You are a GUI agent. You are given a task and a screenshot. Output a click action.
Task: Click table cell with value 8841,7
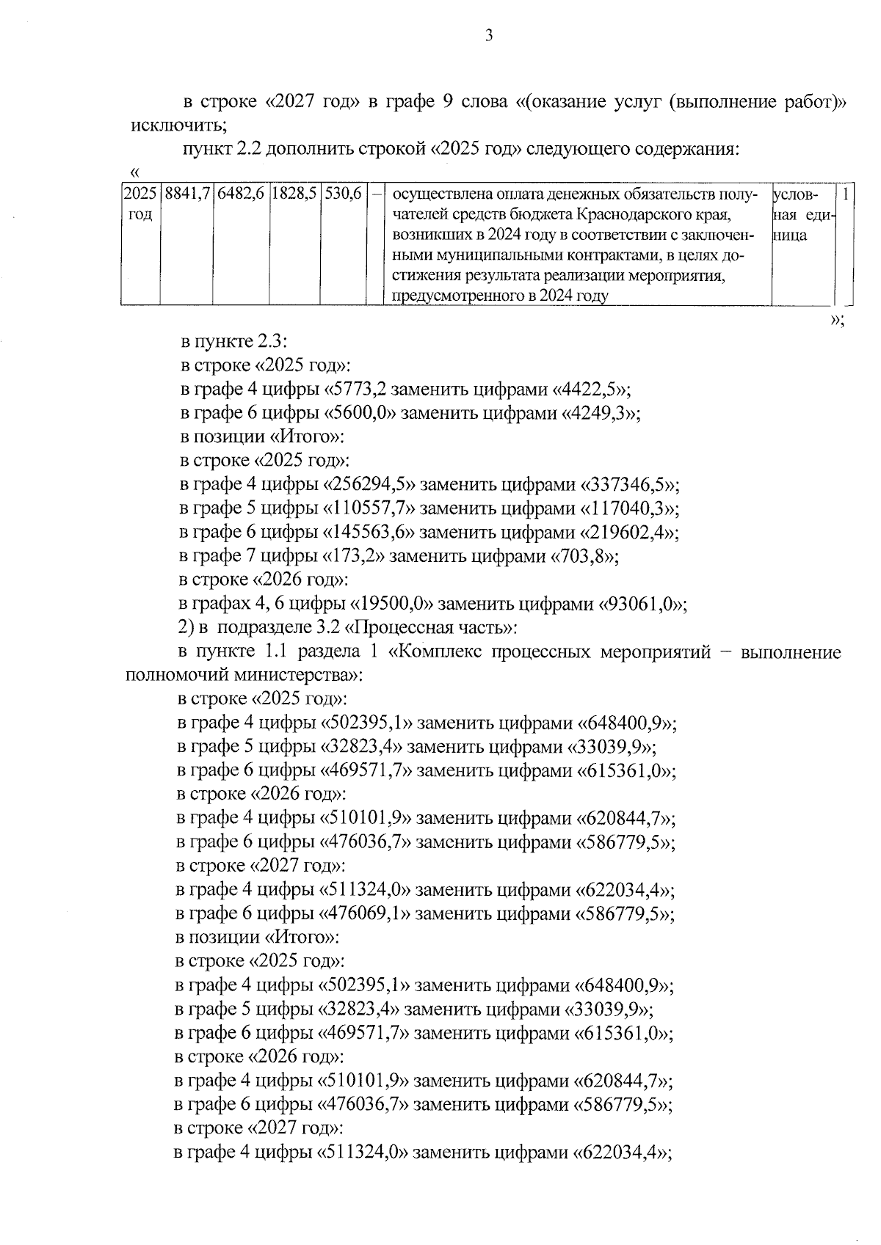pyautogui.click(x=186, y=195)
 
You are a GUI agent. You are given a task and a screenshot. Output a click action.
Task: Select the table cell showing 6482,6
pyautogui.click(x=240, y=195)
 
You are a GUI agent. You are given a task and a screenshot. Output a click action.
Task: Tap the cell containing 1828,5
pyautogui.click(x=294, y=195)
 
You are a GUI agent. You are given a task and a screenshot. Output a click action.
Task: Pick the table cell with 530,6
pyautogui.click(x=343, y=195)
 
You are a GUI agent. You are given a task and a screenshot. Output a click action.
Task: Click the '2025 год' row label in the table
pyautogui.click(x=140, y=205)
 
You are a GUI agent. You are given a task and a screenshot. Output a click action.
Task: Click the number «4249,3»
pyautogui.click(x=595, y=413)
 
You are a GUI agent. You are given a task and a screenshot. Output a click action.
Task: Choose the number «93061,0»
pyautogui.click(x=643, y=604)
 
